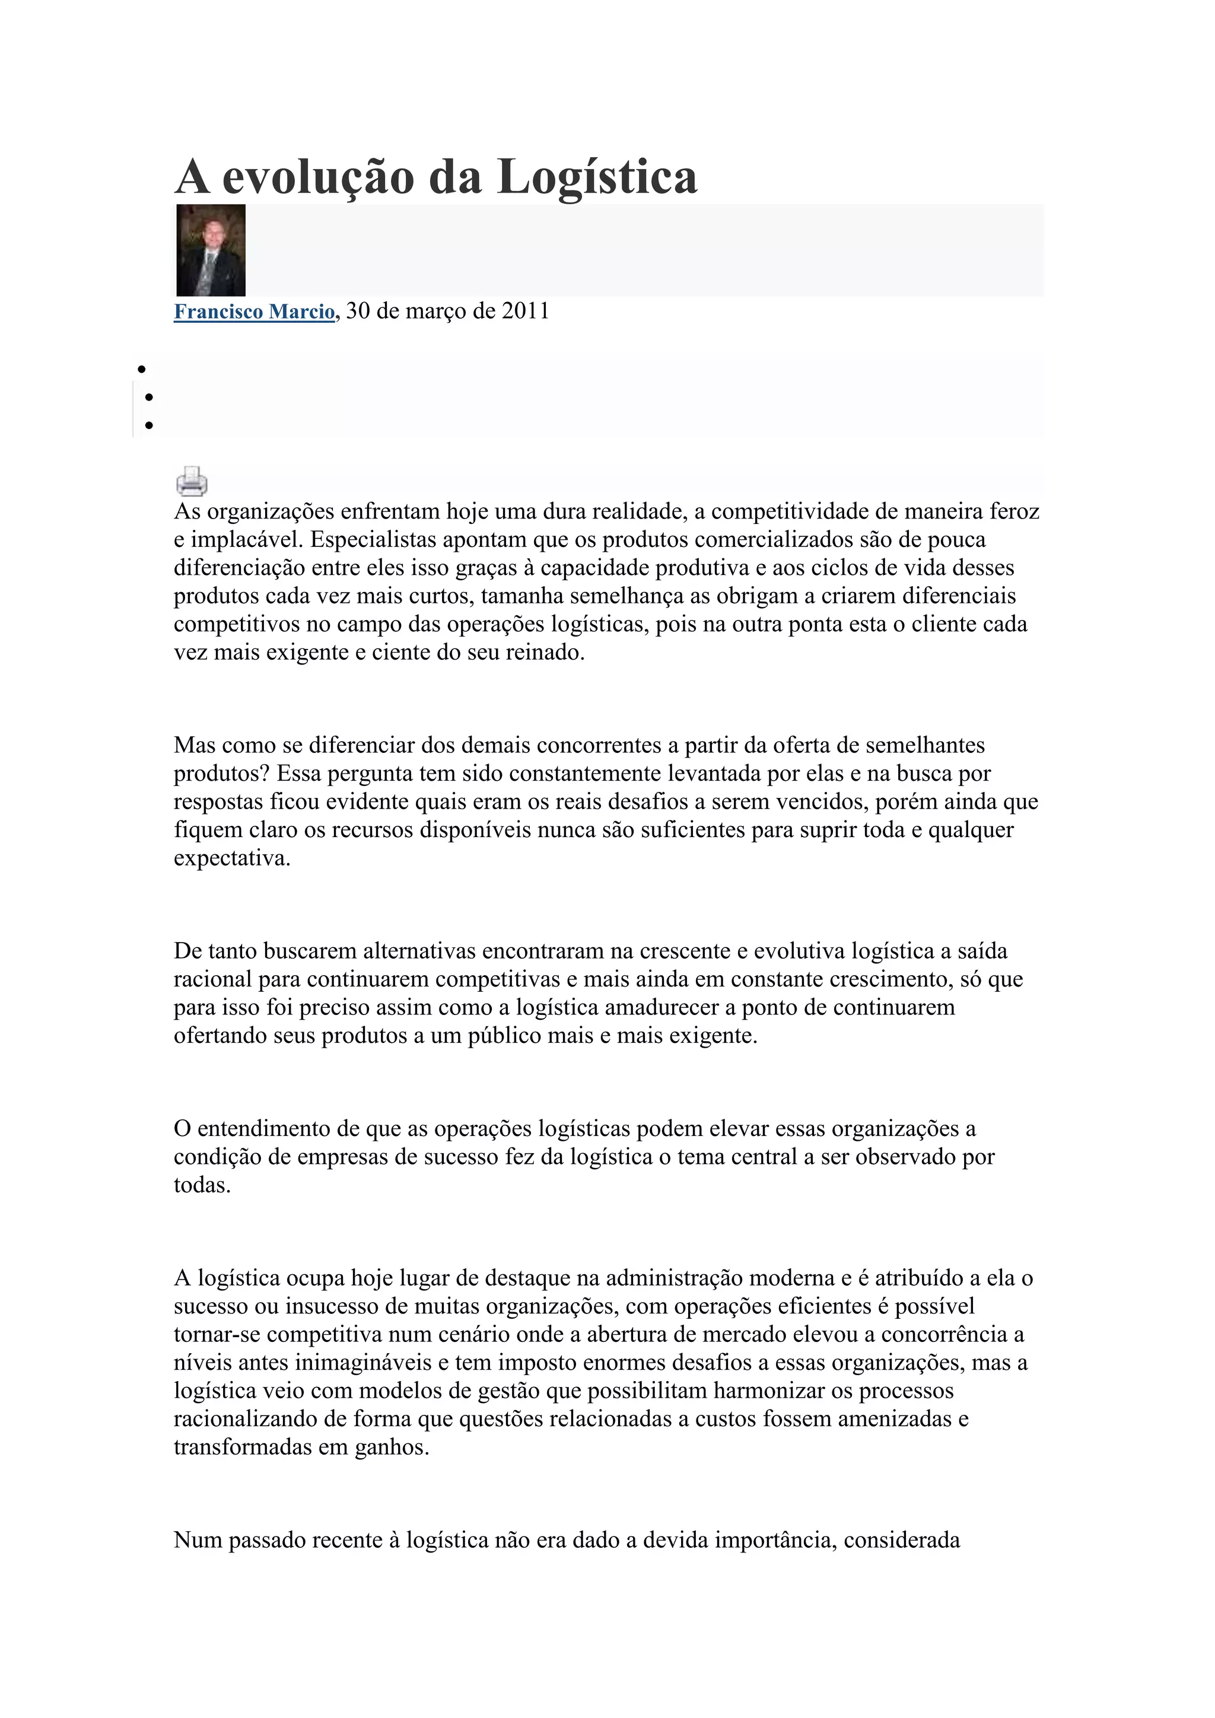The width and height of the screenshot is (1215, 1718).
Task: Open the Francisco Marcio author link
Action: pyautogui.click(x=254, y=311)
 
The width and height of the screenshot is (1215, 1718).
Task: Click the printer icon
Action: pyautogui.click(x=192, y=481)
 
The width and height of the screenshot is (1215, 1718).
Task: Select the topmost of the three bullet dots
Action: pyautogui.click(x=141, y=369)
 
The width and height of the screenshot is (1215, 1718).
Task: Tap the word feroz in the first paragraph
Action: pyautogui.click(x=1014, y=512)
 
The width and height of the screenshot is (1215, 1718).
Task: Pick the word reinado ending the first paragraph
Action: pyautogui.click(x=545, y=653)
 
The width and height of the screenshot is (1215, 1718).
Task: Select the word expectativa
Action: pyautogui.click(x=231, y=858)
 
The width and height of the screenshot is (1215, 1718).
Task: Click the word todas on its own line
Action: pyautogui.click(x=202, y=1185)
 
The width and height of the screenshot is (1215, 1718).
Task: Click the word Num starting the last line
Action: pyautogui.click(x=198, y=1541)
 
